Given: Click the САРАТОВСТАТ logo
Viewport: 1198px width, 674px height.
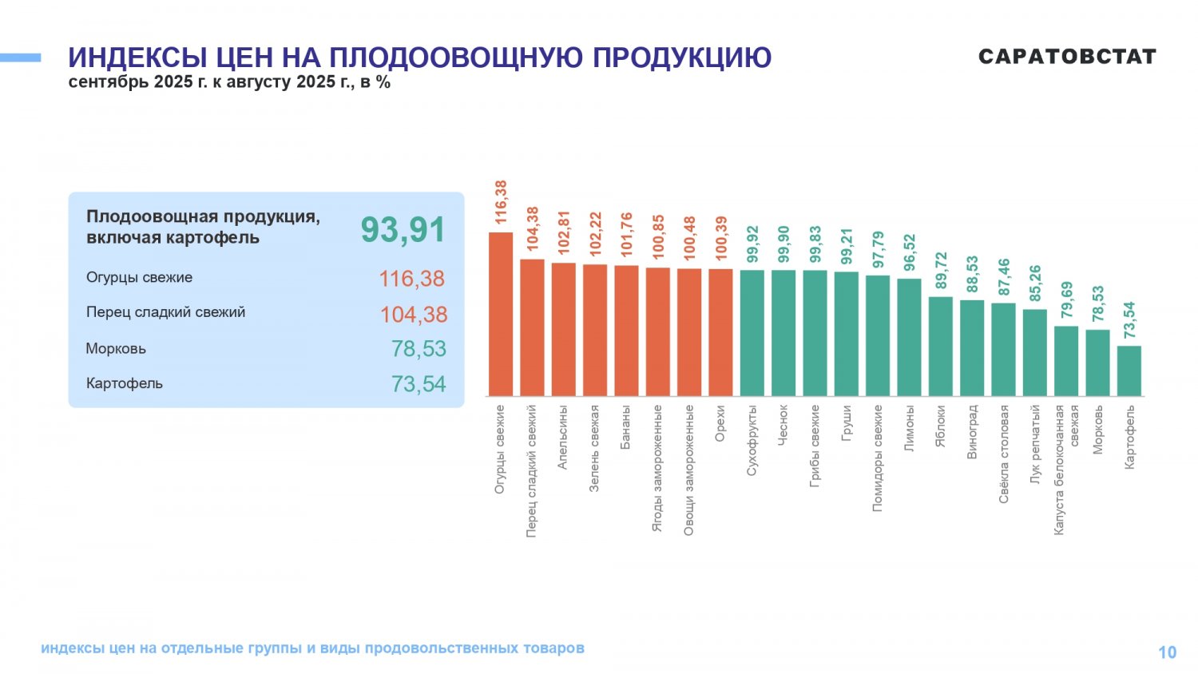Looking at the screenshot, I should [x=1067, y=57].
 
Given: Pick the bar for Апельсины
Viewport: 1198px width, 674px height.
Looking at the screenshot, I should [x=563, y=329].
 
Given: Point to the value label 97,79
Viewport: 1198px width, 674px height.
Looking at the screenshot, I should [x=879, y=250].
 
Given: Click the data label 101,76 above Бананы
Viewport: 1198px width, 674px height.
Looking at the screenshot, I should [x=626, y=234].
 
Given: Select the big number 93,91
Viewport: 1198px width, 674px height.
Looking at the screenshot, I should [x=403, y=230].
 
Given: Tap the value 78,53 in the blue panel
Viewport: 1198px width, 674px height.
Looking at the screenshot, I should [x=419, y=349].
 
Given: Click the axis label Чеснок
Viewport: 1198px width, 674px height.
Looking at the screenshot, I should [x=783, y=425].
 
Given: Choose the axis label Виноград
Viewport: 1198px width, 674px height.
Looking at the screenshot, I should [x=972, y=431].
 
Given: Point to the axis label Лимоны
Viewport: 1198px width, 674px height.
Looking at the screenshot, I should [x=909, y=429].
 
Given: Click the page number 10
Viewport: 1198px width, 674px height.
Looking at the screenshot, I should [x=1167, y=652].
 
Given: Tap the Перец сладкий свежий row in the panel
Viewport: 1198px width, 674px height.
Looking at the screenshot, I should [x=166, y=312].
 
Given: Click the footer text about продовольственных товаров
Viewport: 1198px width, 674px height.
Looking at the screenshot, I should [x=312, y=648].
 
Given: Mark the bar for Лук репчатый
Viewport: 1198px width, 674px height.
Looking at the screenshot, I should [x=1034, y=352].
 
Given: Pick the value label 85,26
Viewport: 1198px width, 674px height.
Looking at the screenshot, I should [x=1036, y=283].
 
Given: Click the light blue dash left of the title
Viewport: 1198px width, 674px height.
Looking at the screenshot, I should [x=20, y=57].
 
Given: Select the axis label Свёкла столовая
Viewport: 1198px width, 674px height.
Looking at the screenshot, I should [x=1004, y=453].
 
